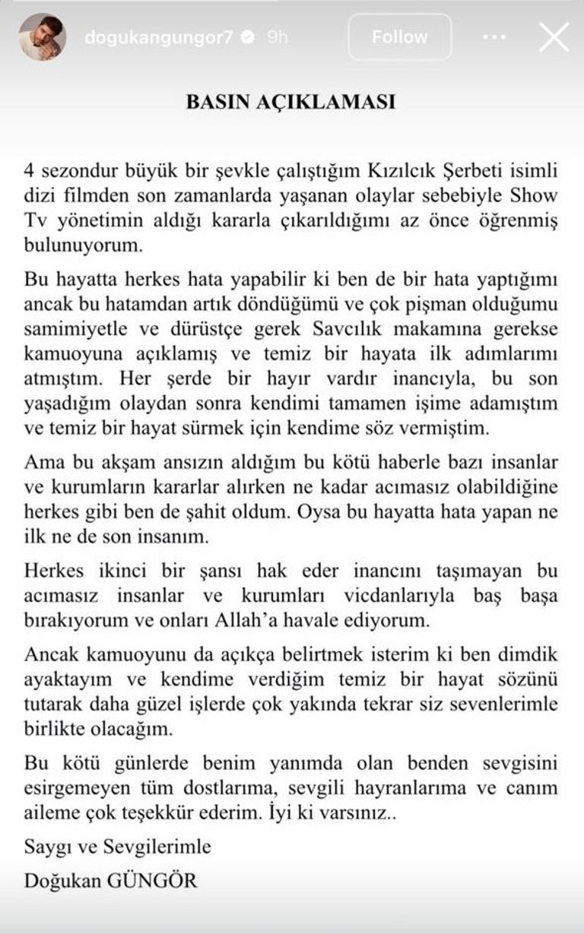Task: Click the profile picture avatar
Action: [42, 36]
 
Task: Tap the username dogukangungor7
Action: [158, 37]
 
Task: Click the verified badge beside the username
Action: [247, 37]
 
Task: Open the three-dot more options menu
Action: [494, 36]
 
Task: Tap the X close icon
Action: [554, 36]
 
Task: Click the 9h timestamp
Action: [277, 37]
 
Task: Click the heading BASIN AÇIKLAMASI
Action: [291, 103]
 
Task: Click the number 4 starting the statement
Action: [29, 171]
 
